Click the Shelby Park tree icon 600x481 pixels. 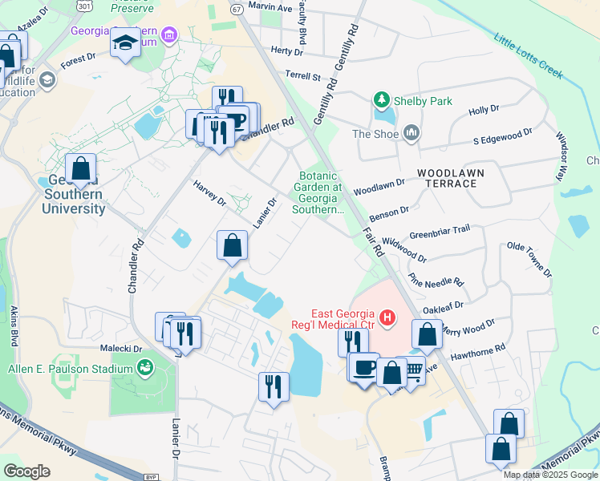(382, 101)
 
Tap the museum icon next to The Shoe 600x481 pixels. (411, 132)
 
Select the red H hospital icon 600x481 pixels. (387, 318)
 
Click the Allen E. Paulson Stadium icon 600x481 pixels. (145, 368)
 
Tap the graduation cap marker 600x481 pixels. (125, 43)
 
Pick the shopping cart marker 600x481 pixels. (412, 371)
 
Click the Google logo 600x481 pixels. (26, 471)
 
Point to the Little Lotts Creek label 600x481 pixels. (529, 55)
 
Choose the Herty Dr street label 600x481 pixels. (287, 51)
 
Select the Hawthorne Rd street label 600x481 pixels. (478, 350)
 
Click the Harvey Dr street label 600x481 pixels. (209, 193)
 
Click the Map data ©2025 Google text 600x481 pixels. (549, 475)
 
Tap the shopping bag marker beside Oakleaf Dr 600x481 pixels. (428, 333)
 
